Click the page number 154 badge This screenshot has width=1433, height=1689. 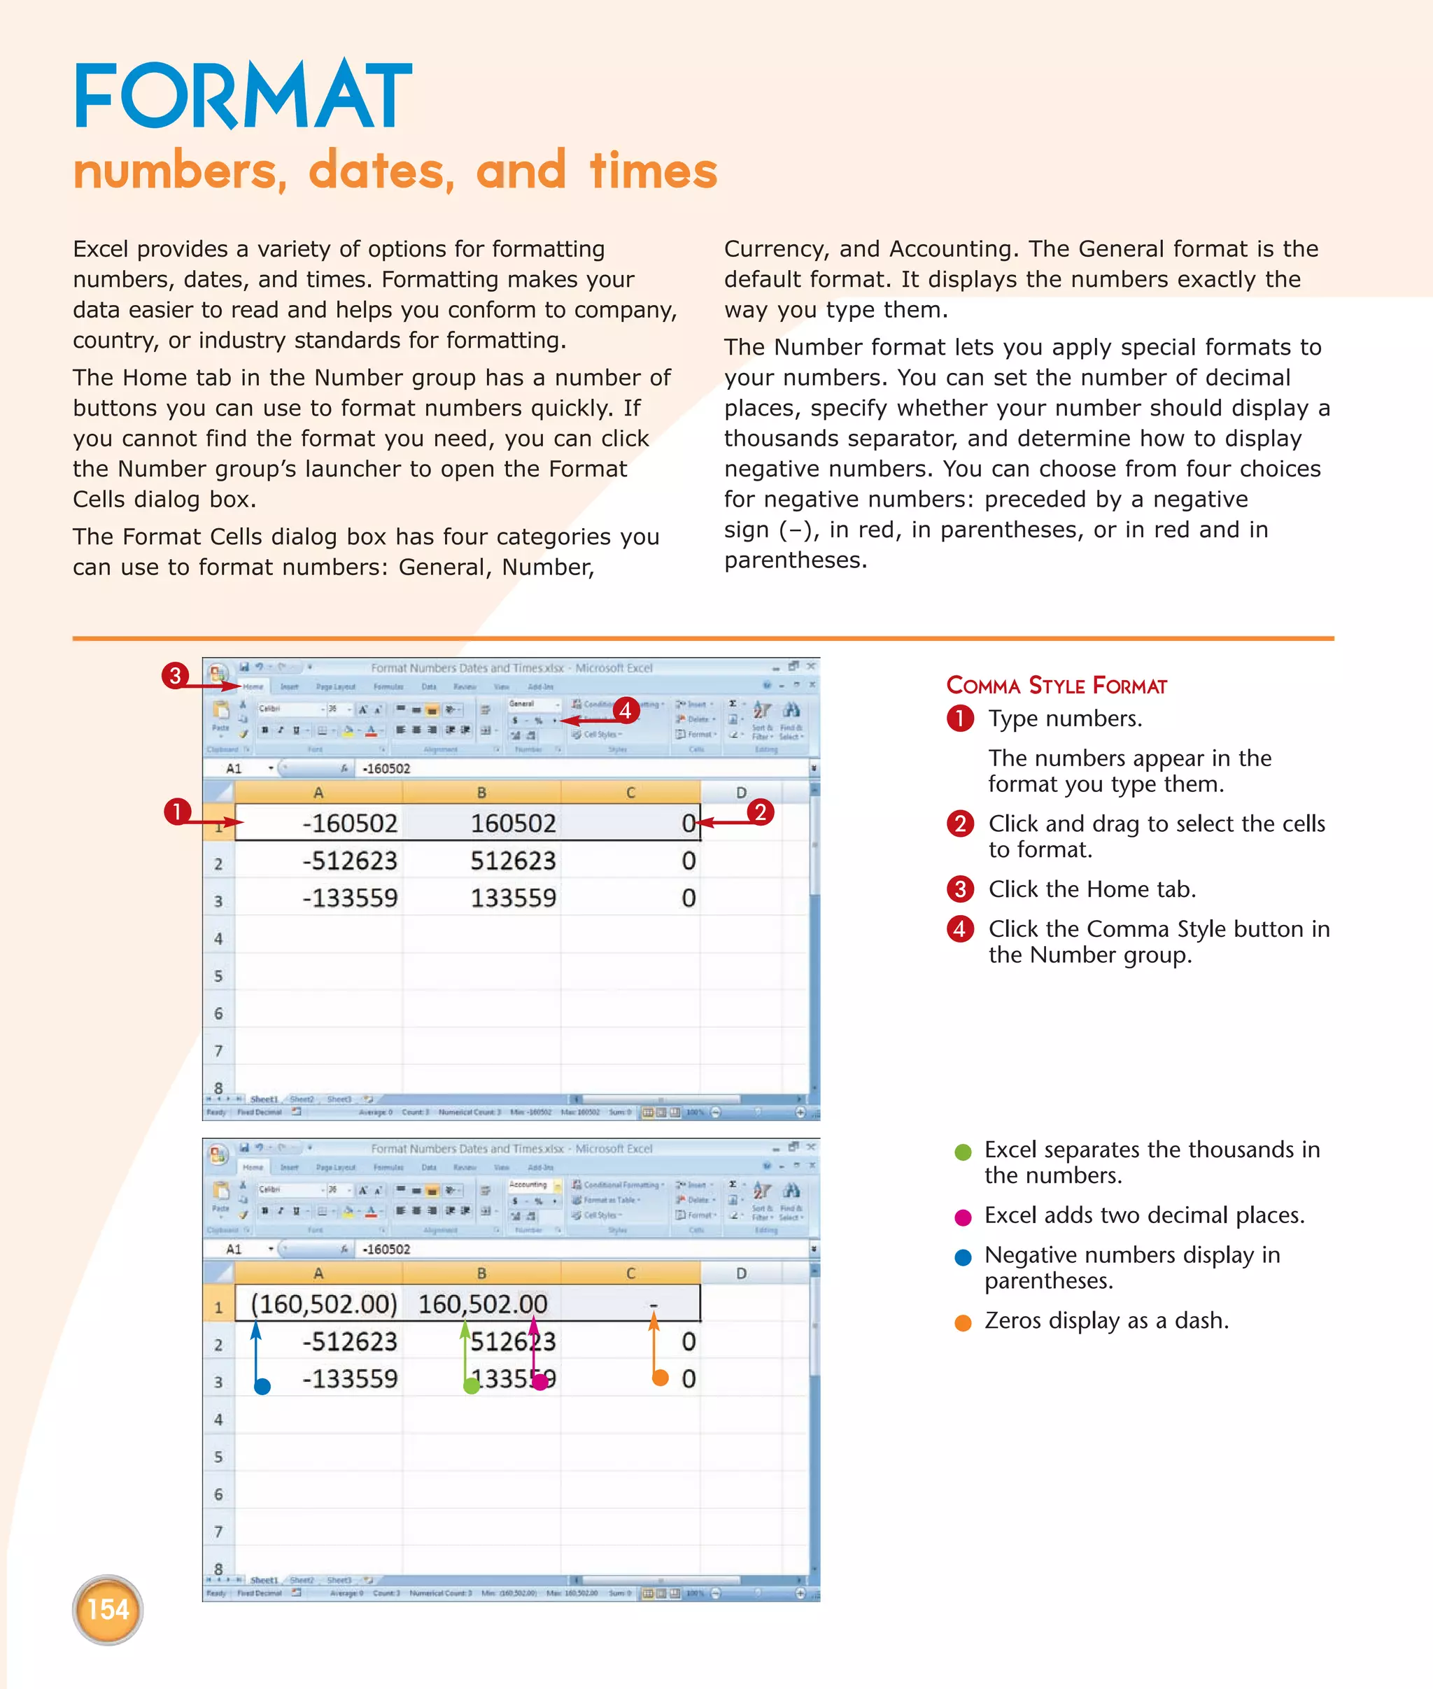pyautogui.click(x=107, y=1609)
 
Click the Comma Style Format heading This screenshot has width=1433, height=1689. pyautogui.click(x=1056, y=686)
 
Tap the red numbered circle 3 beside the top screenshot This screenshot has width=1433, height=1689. pyautogui.click(x=175, y=675)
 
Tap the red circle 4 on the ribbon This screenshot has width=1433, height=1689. pyautogui.click(x=625, y=711)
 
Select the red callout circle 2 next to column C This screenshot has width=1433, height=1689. pyautogui.click(x=760, y=812)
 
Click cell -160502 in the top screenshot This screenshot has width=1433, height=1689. pyautogui.click(x=349, y=823)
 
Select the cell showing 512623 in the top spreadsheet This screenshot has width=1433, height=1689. pyautogui.click(x=513, y=861)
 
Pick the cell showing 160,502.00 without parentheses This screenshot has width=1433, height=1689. pyautogui.click(x=483, y=1304)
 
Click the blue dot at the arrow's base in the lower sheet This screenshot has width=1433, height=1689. pyautogui.click(x=262, y=1387)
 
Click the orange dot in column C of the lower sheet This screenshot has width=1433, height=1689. pyautogui.click(x=661, y=1377)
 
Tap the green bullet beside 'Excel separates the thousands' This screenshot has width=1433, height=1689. pyautogui.click(x=963, y=1152)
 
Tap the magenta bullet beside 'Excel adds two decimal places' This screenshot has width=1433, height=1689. pyautogui.click(x=963, y=1217)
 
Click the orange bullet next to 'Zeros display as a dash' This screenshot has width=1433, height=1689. pyautogui.click(x=963, y=1322)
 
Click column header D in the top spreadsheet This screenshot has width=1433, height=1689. pyautogui.click(x=741, y=792)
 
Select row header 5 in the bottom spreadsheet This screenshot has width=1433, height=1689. pyautogui.click(x=218, y=1457)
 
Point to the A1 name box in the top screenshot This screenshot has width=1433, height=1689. pyautogui.click(x=234, y=768)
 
